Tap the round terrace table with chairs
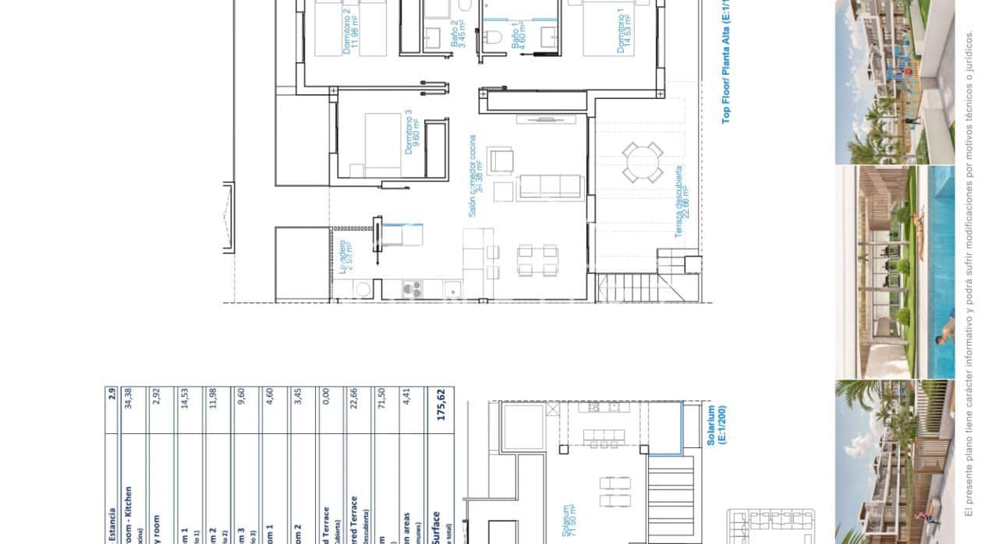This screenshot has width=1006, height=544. pyautogui.click(x=640, y=163)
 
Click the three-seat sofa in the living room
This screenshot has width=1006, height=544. pyautogui.click(x=551, y=187)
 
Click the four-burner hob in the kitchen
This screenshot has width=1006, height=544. pyautogui.click(x=412, y=289)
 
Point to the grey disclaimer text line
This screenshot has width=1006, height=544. pyautogui.click(x=969, y=273)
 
